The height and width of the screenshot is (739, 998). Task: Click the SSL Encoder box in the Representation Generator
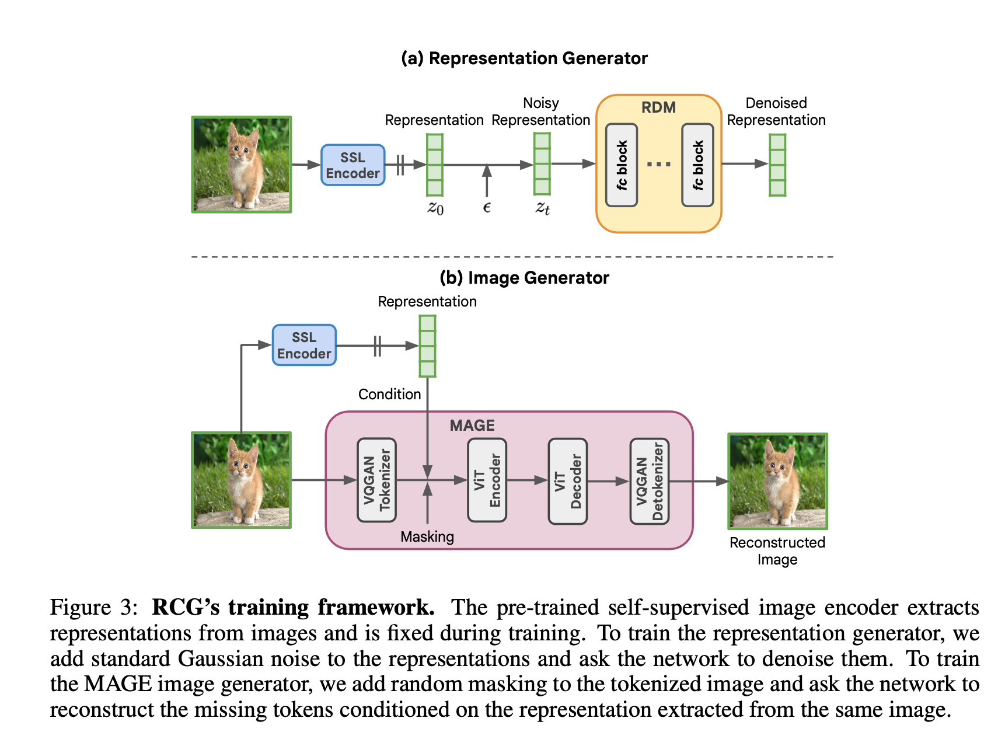click(x=353, y=165)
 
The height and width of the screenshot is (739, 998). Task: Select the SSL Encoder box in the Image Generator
click(x=304, y=345)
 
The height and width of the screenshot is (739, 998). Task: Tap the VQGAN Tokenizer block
click(x=376, y=480)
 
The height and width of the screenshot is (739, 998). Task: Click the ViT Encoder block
click(x=487, y=480)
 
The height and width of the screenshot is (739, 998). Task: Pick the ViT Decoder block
click(x=567, y=481)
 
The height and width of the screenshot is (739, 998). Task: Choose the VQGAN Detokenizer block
click(x=649, y=481)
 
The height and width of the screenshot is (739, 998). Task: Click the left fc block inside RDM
click(x=622, y=165)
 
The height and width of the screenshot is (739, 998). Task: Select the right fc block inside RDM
click(x=697, y=165)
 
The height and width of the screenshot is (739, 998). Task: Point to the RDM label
click(x=658, y=107)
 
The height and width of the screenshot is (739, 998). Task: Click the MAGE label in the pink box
click(x=472, y=426)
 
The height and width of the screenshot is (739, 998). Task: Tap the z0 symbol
click(x=435, y=208)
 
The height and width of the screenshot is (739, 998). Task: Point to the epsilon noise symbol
click(x=487, y=207)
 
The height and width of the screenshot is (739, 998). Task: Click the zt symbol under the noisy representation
click(x=542, y=208)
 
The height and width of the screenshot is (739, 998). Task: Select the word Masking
click(x=427, y=536)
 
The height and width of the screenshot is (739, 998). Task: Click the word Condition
click(x=389, y=394)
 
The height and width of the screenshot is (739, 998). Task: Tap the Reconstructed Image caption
click(x=777, y=550)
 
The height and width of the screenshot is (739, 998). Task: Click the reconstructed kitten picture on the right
click(x=777, y=481)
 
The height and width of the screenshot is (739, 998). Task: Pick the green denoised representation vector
click(x=777, y=165)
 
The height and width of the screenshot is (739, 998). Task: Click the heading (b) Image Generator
click(x=524, y=278)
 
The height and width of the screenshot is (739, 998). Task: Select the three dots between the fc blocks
click(x=659, y=165)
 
